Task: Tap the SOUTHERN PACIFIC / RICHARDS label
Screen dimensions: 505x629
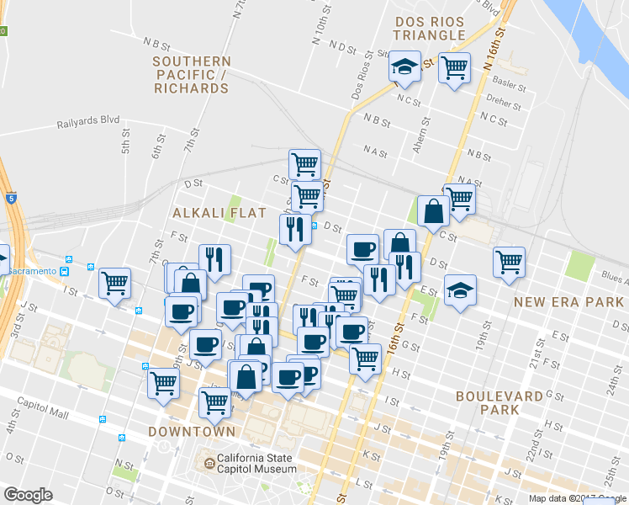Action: point(192,74)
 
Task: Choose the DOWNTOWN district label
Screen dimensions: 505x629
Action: point(192,432)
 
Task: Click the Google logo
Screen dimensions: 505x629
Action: point(28,495)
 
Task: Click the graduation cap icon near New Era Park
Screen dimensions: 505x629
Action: point(460,290)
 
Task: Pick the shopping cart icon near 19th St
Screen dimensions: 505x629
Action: point(509,262)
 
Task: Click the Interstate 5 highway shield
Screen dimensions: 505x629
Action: point(10,199)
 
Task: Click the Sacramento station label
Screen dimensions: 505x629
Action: point(37,271)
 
